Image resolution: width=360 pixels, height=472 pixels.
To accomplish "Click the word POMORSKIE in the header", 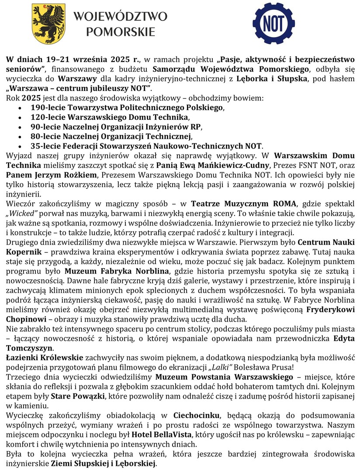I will tap(121, 32).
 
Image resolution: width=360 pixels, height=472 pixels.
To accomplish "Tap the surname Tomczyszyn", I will tap(29, 347).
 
